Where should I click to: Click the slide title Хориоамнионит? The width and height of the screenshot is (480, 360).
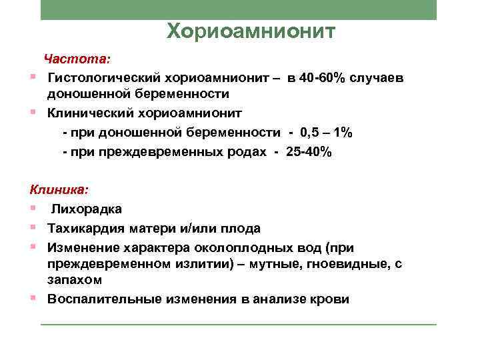pyautogui.click(x=251, y=31)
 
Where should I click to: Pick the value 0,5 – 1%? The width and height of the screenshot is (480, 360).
pyautogui.click(x=327, y=133)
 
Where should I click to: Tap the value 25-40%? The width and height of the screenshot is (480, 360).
pyautogui.click(x=307, y=152)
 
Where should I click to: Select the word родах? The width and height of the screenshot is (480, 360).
pyautogui.click(x=246, y=152)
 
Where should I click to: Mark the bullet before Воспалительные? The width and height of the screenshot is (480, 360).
pyautogui.click(x=33, y=297)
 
